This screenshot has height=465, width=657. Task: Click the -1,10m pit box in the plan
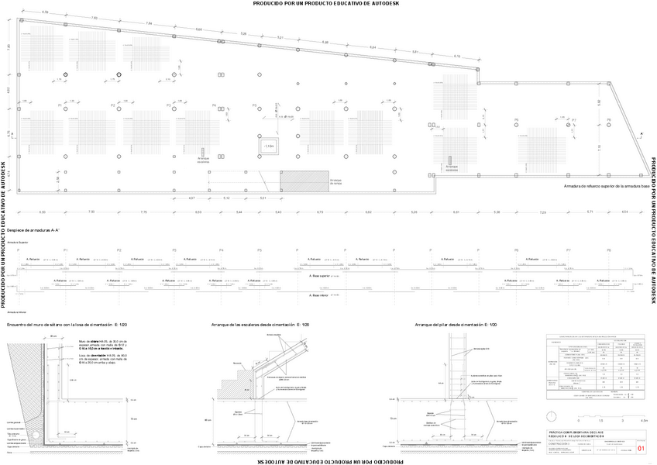(268, 146)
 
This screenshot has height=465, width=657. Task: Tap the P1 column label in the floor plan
(60, 105)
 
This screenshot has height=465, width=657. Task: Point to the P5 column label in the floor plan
(254, 105)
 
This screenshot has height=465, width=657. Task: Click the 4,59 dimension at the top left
(45, 12)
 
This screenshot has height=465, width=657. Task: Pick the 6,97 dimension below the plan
(192, 198)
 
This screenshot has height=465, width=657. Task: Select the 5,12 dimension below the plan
(226, 198)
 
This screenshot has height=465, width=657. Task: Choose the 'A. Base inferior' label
(320, 295)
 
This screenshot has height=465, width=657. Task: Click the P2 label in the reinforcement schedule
(119, 250)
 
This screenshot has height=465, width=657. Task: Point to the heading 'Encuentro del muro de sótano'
(66, 325)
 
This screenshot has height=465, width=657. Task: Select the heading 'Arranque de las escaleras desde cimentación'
(260, 325)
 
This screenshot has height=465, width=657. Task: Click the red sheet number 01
(640, 448)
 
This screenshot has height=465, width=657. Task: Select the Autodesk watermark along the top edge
(328, 4)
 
